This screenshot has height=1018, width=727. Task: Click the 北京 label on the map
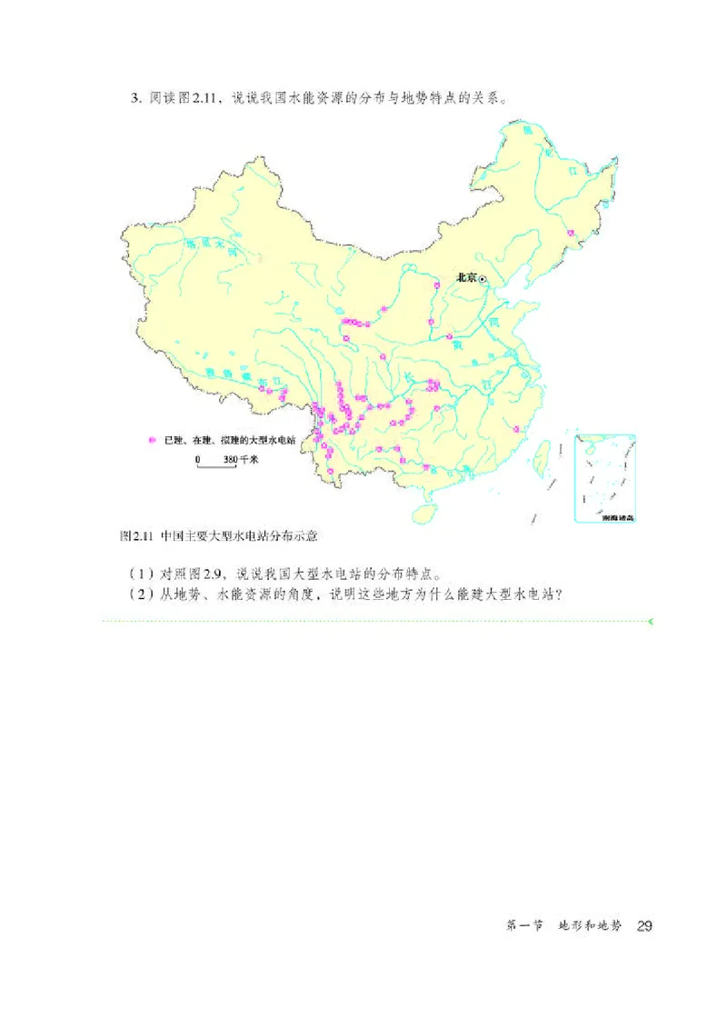coord(465,278)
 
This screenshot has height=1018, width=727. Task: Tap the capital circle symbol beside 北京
coord(483,279)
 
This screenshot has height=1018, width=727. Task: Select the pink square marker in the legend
coord(153,440)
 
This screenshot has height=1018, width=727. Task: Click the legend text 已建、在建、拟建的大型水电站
coord(217,440)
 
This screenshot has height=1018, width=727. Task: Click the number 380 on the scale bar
coord(229,460)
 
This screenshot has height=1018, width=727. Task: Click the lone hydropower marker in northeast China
coord(571,235)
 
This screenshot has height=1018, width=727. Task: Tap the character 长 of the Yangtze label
coord(410,375)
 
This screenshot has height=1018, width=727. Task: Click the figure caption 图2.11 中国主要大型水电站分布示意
coord(223,536)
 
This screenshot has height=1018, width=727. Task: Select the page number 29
coord(645,925)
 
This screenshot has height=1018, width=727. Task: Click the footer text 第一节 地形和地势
coord(564,925)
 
